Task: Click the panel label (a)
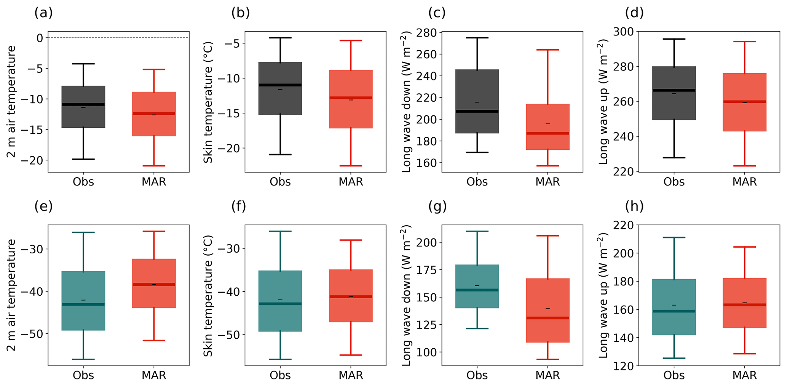[x=43, y=13]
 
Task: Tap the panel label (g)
[x=437, y=207]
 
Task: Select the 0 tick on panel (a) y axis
[x=40, y=38]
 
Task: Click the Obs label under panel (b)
[x=280, y=182]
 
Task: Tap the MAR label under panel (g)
[x=548, y=375]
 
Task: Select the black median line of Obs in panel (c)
[x=477, y=111]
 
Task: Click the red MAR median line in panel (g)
[x=548, y=318]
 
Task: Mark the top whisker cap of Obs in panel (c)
[x=477, y=38]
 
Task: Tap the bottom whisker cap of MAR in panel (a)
[x=154, y=166]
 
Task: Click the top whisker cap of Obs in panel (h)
[x=674, y=237]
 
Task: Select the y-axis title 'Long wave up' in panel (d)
[x=603, y=102]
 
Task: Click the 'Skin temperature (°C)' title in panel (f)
[x=208, y=296]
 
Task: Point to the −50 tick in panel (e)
[x=36, y=334]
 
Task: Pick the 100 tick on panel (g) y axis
[x=429, y=352]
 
